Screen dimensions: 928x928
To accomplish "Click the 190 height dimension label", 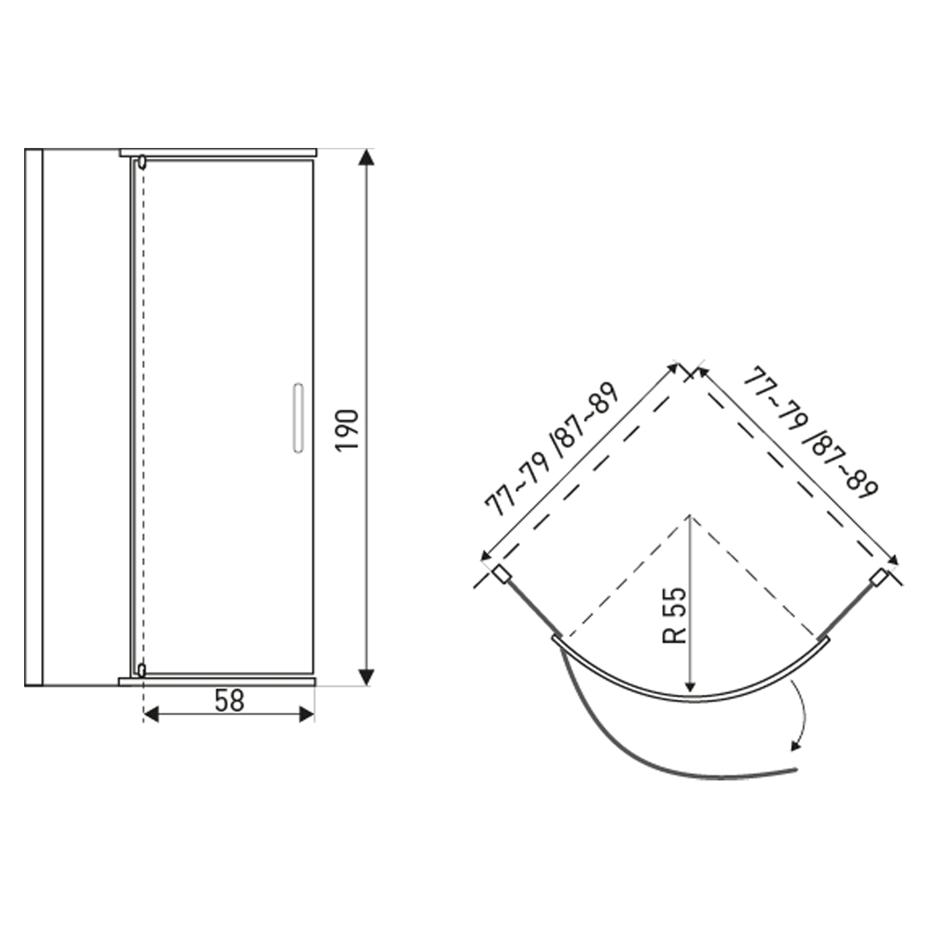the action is point(348,430).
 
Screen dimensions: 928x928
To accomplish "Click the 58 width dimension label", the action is point(229,701).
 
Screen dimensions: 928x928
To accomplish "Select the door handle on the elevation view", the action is point(298,418).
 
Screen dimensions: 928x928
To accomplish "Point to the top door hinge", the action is point(142,162).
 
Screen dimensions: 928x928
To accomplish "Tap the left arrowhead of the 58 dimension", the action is point(151,714).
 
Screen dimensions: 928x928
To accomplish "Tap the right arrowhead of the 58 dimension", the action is point(306,714).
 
